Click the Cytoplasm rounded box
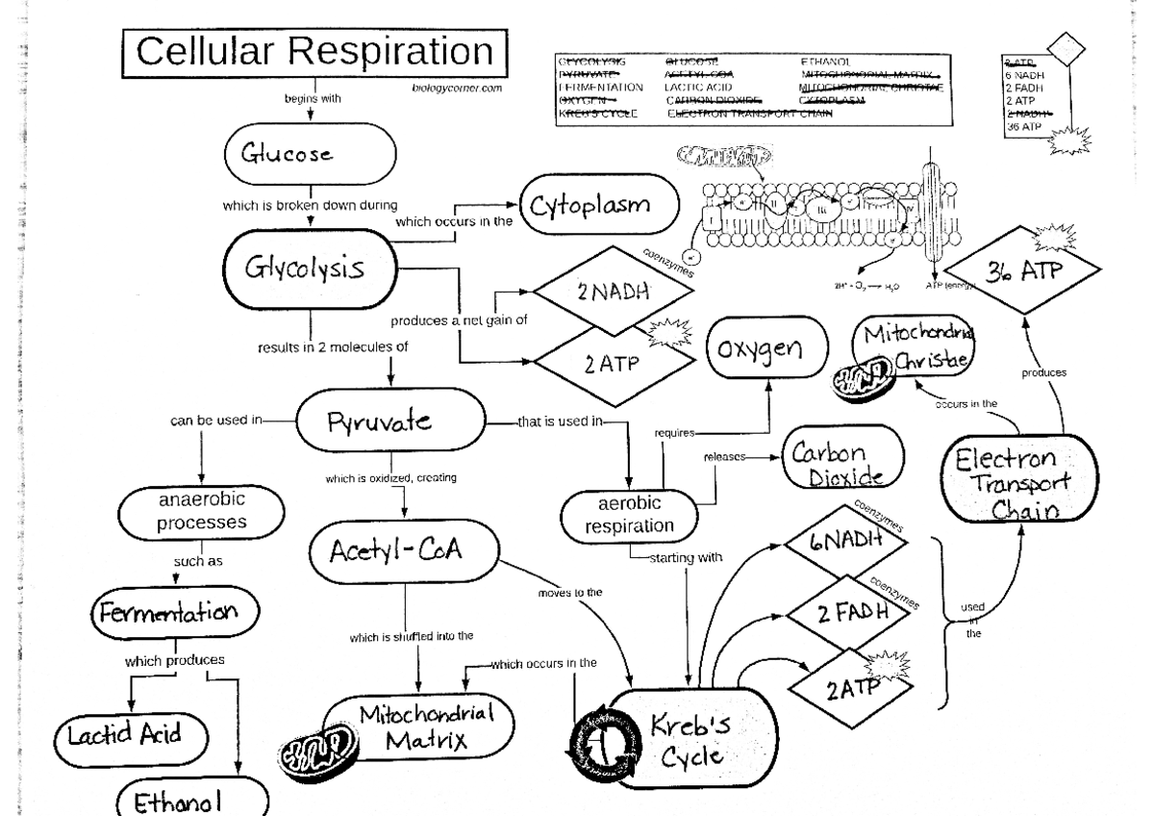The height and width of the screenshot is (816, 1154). coord(599,207)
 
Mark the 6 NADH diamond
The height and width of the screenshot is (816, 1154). coord(846,544)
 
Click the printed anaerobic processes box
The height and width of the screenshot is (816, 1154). coord(201,512)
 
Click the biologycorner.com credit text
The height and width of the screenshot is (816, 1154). coord(450,88)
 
